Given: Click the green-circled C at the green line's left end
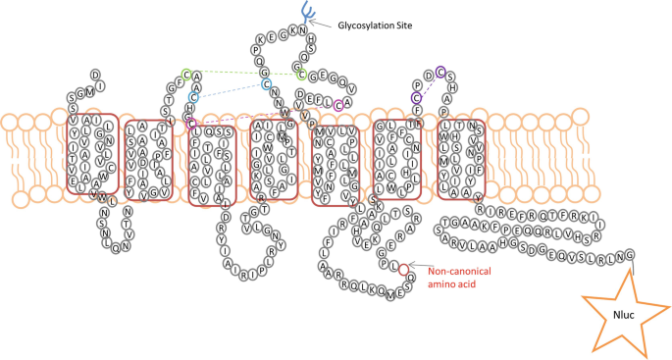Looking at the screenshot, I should click(x=185, y=75).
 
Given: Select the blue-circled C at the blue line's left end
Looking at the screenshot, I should click(x=194, y=97).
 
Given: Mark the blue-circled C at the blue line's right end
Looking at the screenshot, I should click(x=266, y=84).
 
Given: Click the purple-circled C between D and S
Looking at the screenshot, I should click(x=441, y=71).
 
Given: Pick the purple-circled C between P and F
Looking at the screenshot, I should click(x=417, y=96).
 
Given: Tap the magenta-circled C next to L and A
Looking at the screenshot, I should click(x=338, y=105).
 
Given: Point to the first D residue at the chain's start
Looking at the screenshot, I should click(x=95, y=73).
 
